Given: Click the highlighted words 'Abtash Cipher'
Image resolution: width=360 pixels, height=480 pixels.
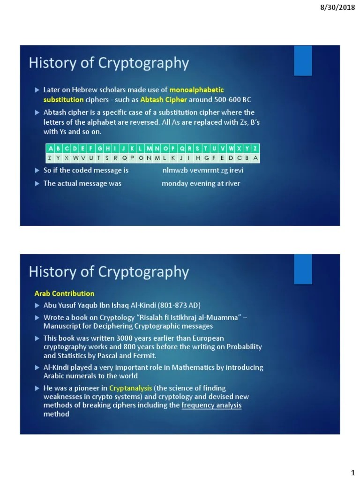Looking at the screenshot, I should coord(164,99).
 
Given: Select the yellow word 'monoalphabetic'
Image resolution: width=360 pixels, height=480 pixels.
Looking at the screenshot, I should coord(196,89).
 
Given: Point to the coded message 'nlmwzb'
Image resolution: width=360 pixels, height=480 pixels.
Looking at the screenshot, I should coord(174,170).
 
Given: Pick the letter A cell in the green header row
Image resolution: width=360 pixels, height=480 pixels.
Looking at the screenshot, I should coord(51,149).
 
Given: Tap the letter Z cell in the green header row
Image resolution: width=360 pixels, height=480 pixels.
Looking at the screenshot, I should coord(255,149).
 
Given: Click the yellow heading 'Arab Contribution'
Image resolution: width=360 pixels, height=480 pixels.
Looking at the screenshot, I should coord(64,293).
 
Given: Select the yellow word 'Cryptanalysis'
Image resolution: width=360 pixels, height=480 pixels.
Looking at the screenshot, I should coord(131,388).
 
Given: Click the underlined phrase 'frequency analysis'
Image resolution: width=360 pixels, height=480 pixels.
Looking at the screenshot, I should coord(211,405).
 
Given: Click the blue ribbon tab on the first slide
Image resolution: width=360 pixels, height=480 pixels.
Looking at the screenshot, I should coord(303,60).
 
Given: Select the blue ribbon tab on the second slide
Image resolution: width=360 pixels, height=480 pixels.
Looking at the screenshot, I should coord(303,269).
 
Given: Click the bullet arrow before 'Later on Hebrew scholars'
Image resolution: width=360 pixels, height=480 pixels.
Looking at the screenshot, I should coord(37,90).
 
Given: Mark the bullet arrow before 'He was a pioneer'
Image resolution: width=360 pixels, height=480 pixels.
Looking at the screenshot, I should coord(37,388).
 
